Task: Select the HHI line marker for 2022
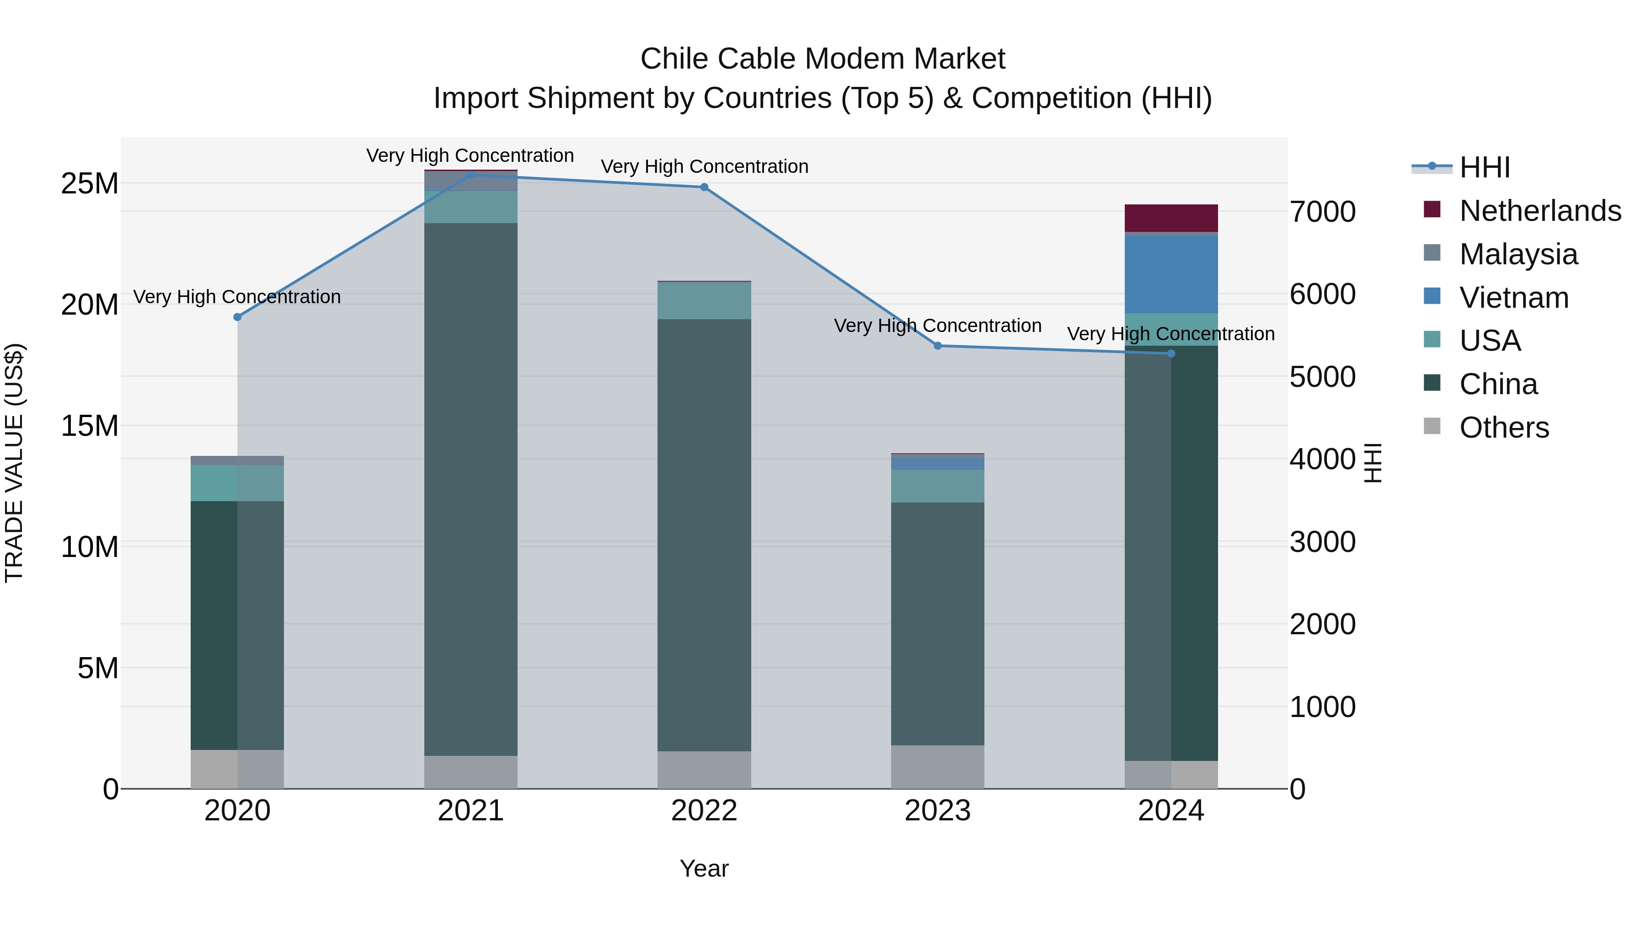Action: [x=704, y=187]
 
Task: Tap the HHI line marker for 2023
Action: [x=937, y=346]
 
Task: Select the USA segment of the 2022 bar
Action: [x=704, y=300]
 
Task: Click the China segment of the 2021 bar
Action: [x=471, y=489]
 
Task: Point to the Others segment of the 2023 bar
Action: [x=937, y=766]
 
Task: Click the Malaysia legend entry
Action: [x=1518, y=254]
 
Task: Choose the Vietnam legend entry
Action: [x=1514, y=298]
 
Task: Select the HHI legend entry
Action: [x=1484, y=167]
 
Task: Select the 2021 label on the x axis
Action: [x=471, y=811]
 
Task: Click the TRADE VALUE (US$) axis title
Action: [x=14, y=463]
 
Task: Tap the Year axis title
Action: [x=704, y=868]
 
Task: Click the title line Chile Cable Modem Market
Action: [x=823, y=59]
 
